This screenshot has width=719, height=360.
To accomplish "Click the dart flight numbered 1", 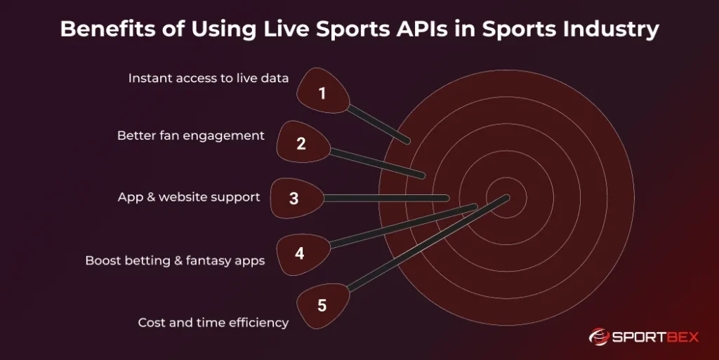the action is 323,91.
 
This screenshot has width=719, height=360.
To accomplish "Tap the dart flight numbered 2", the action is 303,142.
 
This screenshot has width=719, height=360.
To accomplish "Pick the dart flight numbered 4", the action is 303,254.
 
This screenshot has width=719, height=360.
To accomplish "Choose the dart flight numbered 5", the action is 323,305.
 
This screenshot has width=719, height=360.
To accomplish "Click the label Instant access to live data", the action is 209,79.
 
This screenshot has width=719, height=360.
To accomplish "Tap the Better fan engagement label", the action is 191,135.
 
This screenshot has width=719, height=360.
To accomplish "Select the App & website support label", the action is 189,197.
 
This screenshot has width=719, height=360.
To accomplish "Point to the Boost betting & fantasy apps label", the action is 175,260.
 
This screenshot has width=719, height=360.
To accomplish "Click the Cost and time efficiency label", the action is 213,322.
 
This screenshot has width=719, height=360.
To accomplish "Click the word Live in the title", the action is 286,29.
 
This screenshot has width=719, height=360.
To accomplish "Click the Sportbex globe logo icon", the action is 599,337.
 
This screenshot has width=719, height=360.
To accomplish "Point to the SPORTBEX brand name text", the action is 656,338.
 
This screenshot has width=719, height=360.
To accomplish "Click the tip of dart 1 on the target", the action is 407,140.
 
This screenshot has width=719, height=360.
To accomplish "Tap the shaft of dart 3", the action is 386,198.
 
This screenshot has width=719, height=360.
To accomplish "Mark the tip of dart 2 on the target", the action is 422,175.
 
